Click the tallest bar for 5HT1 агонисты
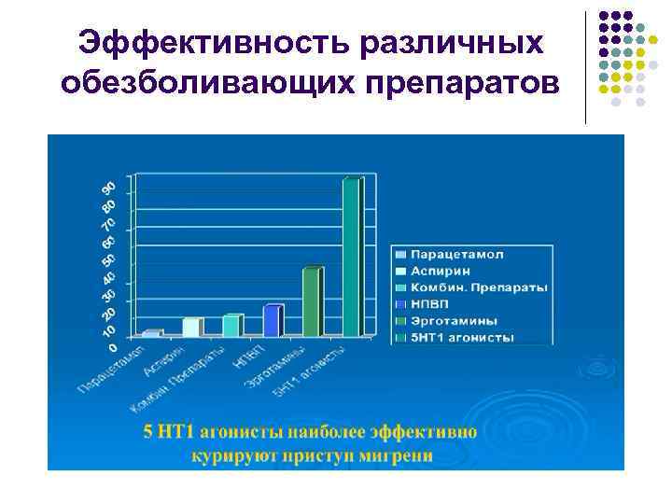[x=352, y=257]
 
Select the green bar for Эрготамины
[x=312, y=301]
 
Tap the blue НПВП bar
[x=272, y=320]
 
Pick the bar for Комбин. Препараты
[x=231, y=325]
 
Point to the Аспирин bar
[x=191, y=327]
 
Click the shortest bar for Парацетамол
[x=151, y=332]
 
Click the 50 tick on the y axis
[x=107, y=259]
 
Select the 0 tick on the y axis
[x=113, y=347]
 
